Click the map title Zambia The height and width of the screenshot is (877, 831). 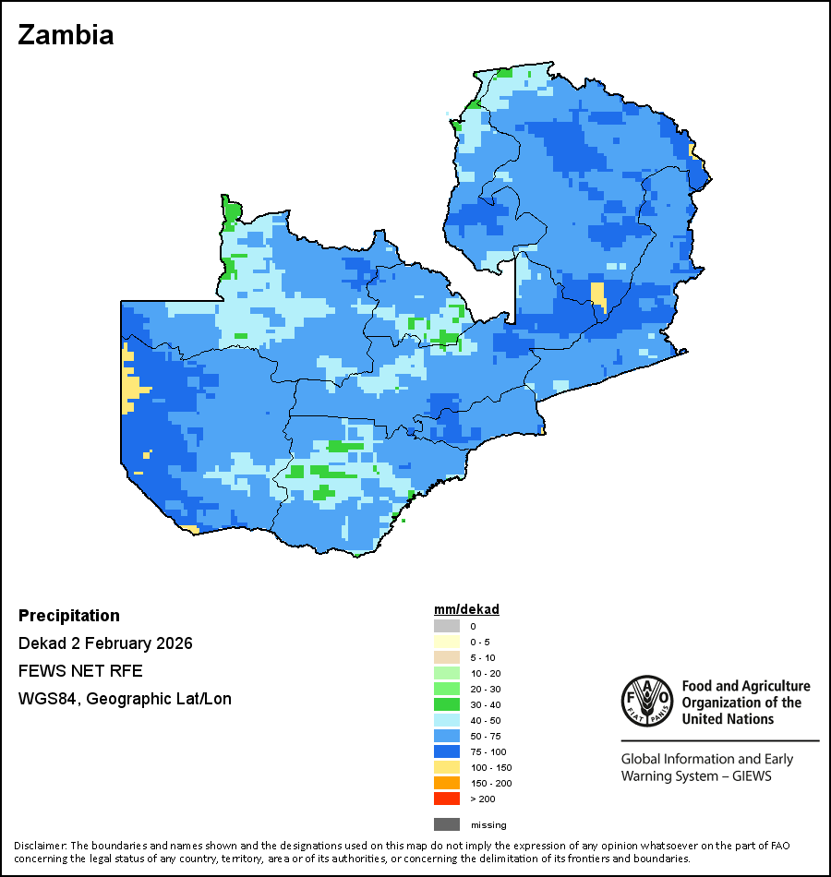[66, 35]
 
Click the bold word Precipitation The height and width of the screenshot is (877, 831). [69, 616]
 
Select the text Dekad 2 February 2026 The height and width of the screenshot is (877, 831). [105, 643]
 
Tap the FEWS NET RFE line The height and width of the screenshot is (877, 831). [80, 671]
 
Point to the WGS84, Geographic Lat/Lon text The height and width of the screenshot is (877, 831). [125, 699]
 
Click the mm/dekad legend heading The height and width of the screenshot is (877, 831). [466, 610]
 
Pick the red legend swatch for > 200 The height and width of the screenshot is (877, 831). [446, 799]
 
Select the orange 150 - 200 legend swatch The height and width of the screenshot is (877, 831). [446, 783]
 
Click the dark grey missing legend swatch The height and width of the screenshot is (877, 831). [446, 824]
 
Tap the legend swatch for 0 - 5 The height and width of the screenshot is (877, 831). [446, 642]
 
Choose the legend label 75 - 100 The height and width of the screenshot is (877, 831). [488, 751]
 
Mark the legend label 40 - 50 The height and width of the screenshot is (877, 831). [485, 720]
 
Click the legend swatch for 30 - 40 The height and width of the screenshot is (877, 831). [446, 704]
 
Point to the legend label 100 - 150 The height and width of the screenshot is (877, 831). [490, 767]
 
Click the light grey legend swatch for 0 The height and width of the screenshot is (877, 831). [446, 626]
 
